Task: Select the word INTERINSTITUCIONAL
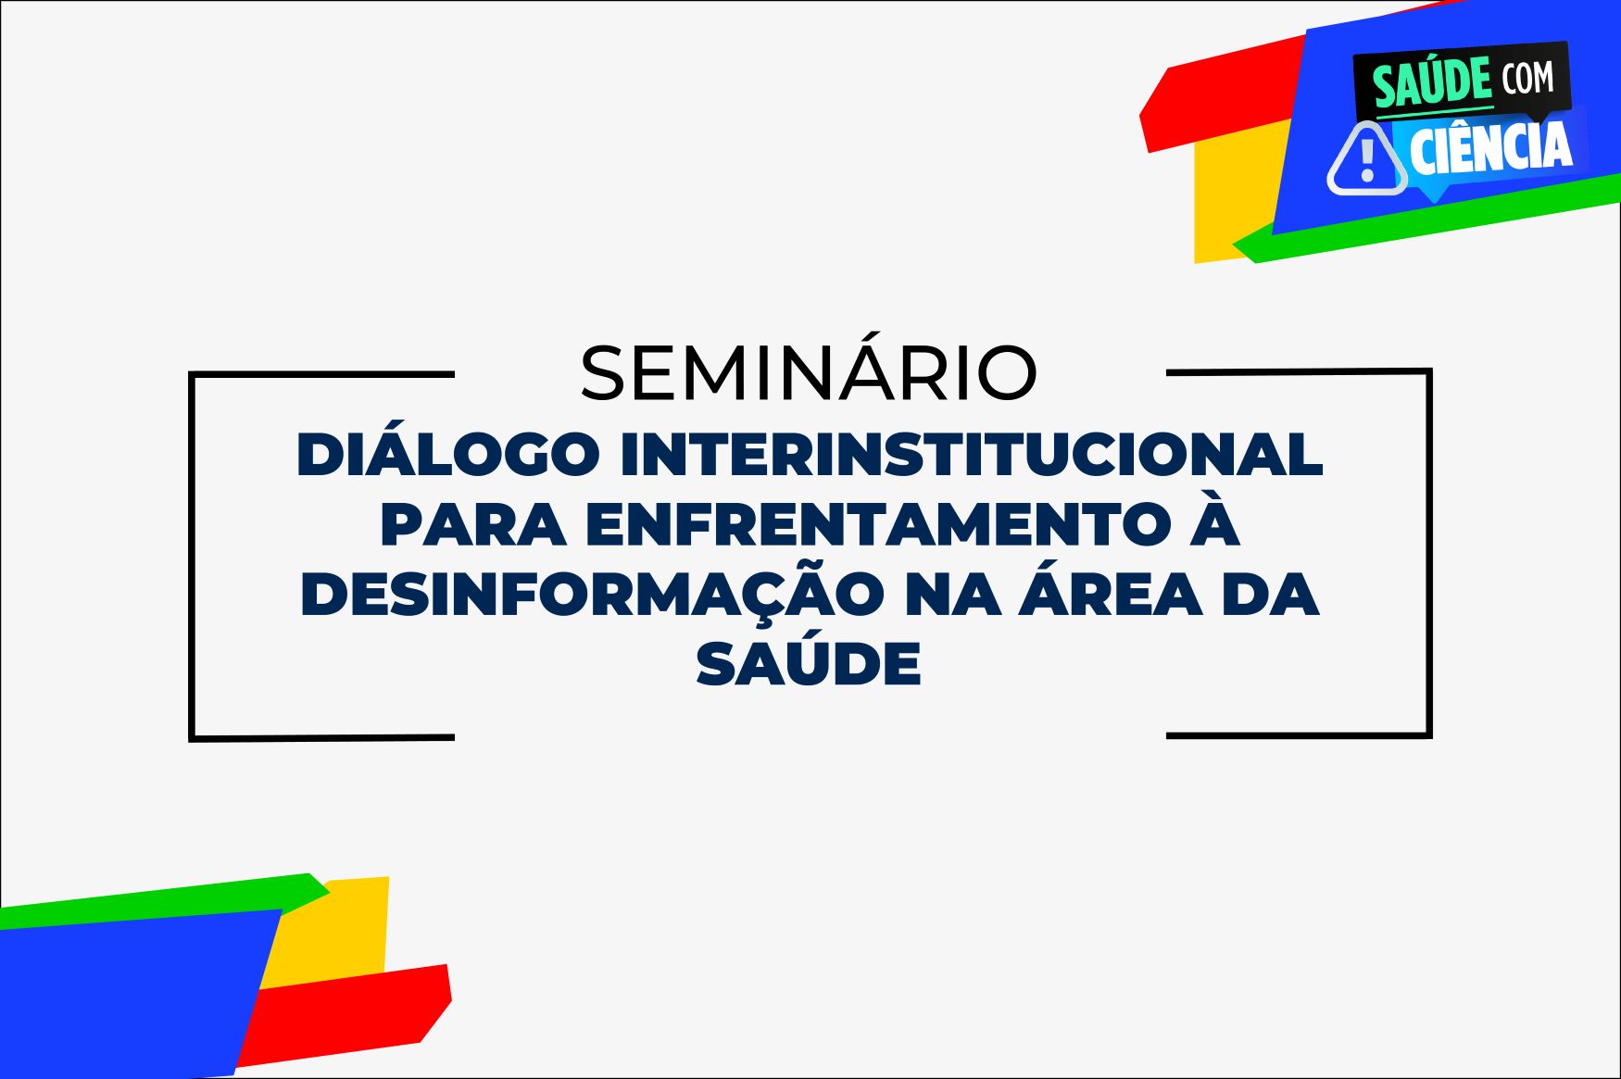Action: pyautogui.click(x=972, y=454)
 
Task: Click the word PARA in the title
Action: pyautogui.click(x=472, y=524)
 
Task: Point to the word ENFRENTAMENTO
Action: pyautogui.click(x=879, y=524)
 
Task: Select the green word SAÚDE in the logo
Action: pyautogui.click(x=1432, y=82)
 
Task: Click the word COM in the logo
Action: pyautogui.click(x=1528, y=78)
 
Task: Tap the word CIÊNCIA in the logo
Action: pyautogui.click(x=1491, y=146)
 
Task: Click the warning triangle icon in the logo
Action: pyautogui.click(x=1367, y=159)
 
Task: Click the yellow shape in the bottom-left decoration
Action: pyautogui.click(x=338, y=926)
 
